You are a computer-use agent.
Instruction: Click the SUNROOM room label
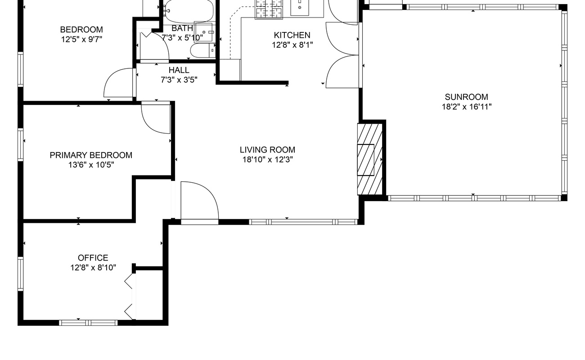coord(467,97)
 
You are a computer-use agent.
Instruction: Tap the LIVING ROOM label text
coord(267,150)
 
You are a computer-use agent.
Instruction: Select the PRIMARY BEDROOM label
coord(91,155)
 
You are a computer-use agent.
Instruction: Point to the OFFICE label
coord(93,258)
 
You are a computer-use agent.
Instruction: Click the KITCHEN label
coord(292,35)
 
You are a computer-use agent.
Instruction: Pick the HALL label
coord(179,70)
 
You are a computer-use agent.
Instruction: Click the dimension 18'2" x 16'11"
coord(467,107)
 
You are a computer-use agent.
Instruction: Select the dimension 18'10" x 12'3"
coord(268,160)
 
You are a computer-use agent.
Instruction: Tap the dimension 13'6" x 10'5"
coord(91,165)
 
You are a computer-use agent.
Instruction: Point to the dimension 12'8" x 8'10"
coord(93,268)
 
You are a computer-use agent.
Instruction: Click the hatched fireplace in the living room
coord(370,159)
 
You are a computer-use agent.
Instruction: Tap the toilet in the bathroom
coord(202,50)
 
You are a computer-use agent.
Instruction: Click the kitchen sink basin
coord(300,8)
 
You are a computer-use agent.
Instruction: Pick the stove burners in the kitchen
coord(269,9)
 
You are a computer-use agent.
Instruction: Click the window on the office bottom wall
coord(88,323)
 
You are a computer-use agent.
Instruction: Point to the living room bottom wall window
coord(303,222)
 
